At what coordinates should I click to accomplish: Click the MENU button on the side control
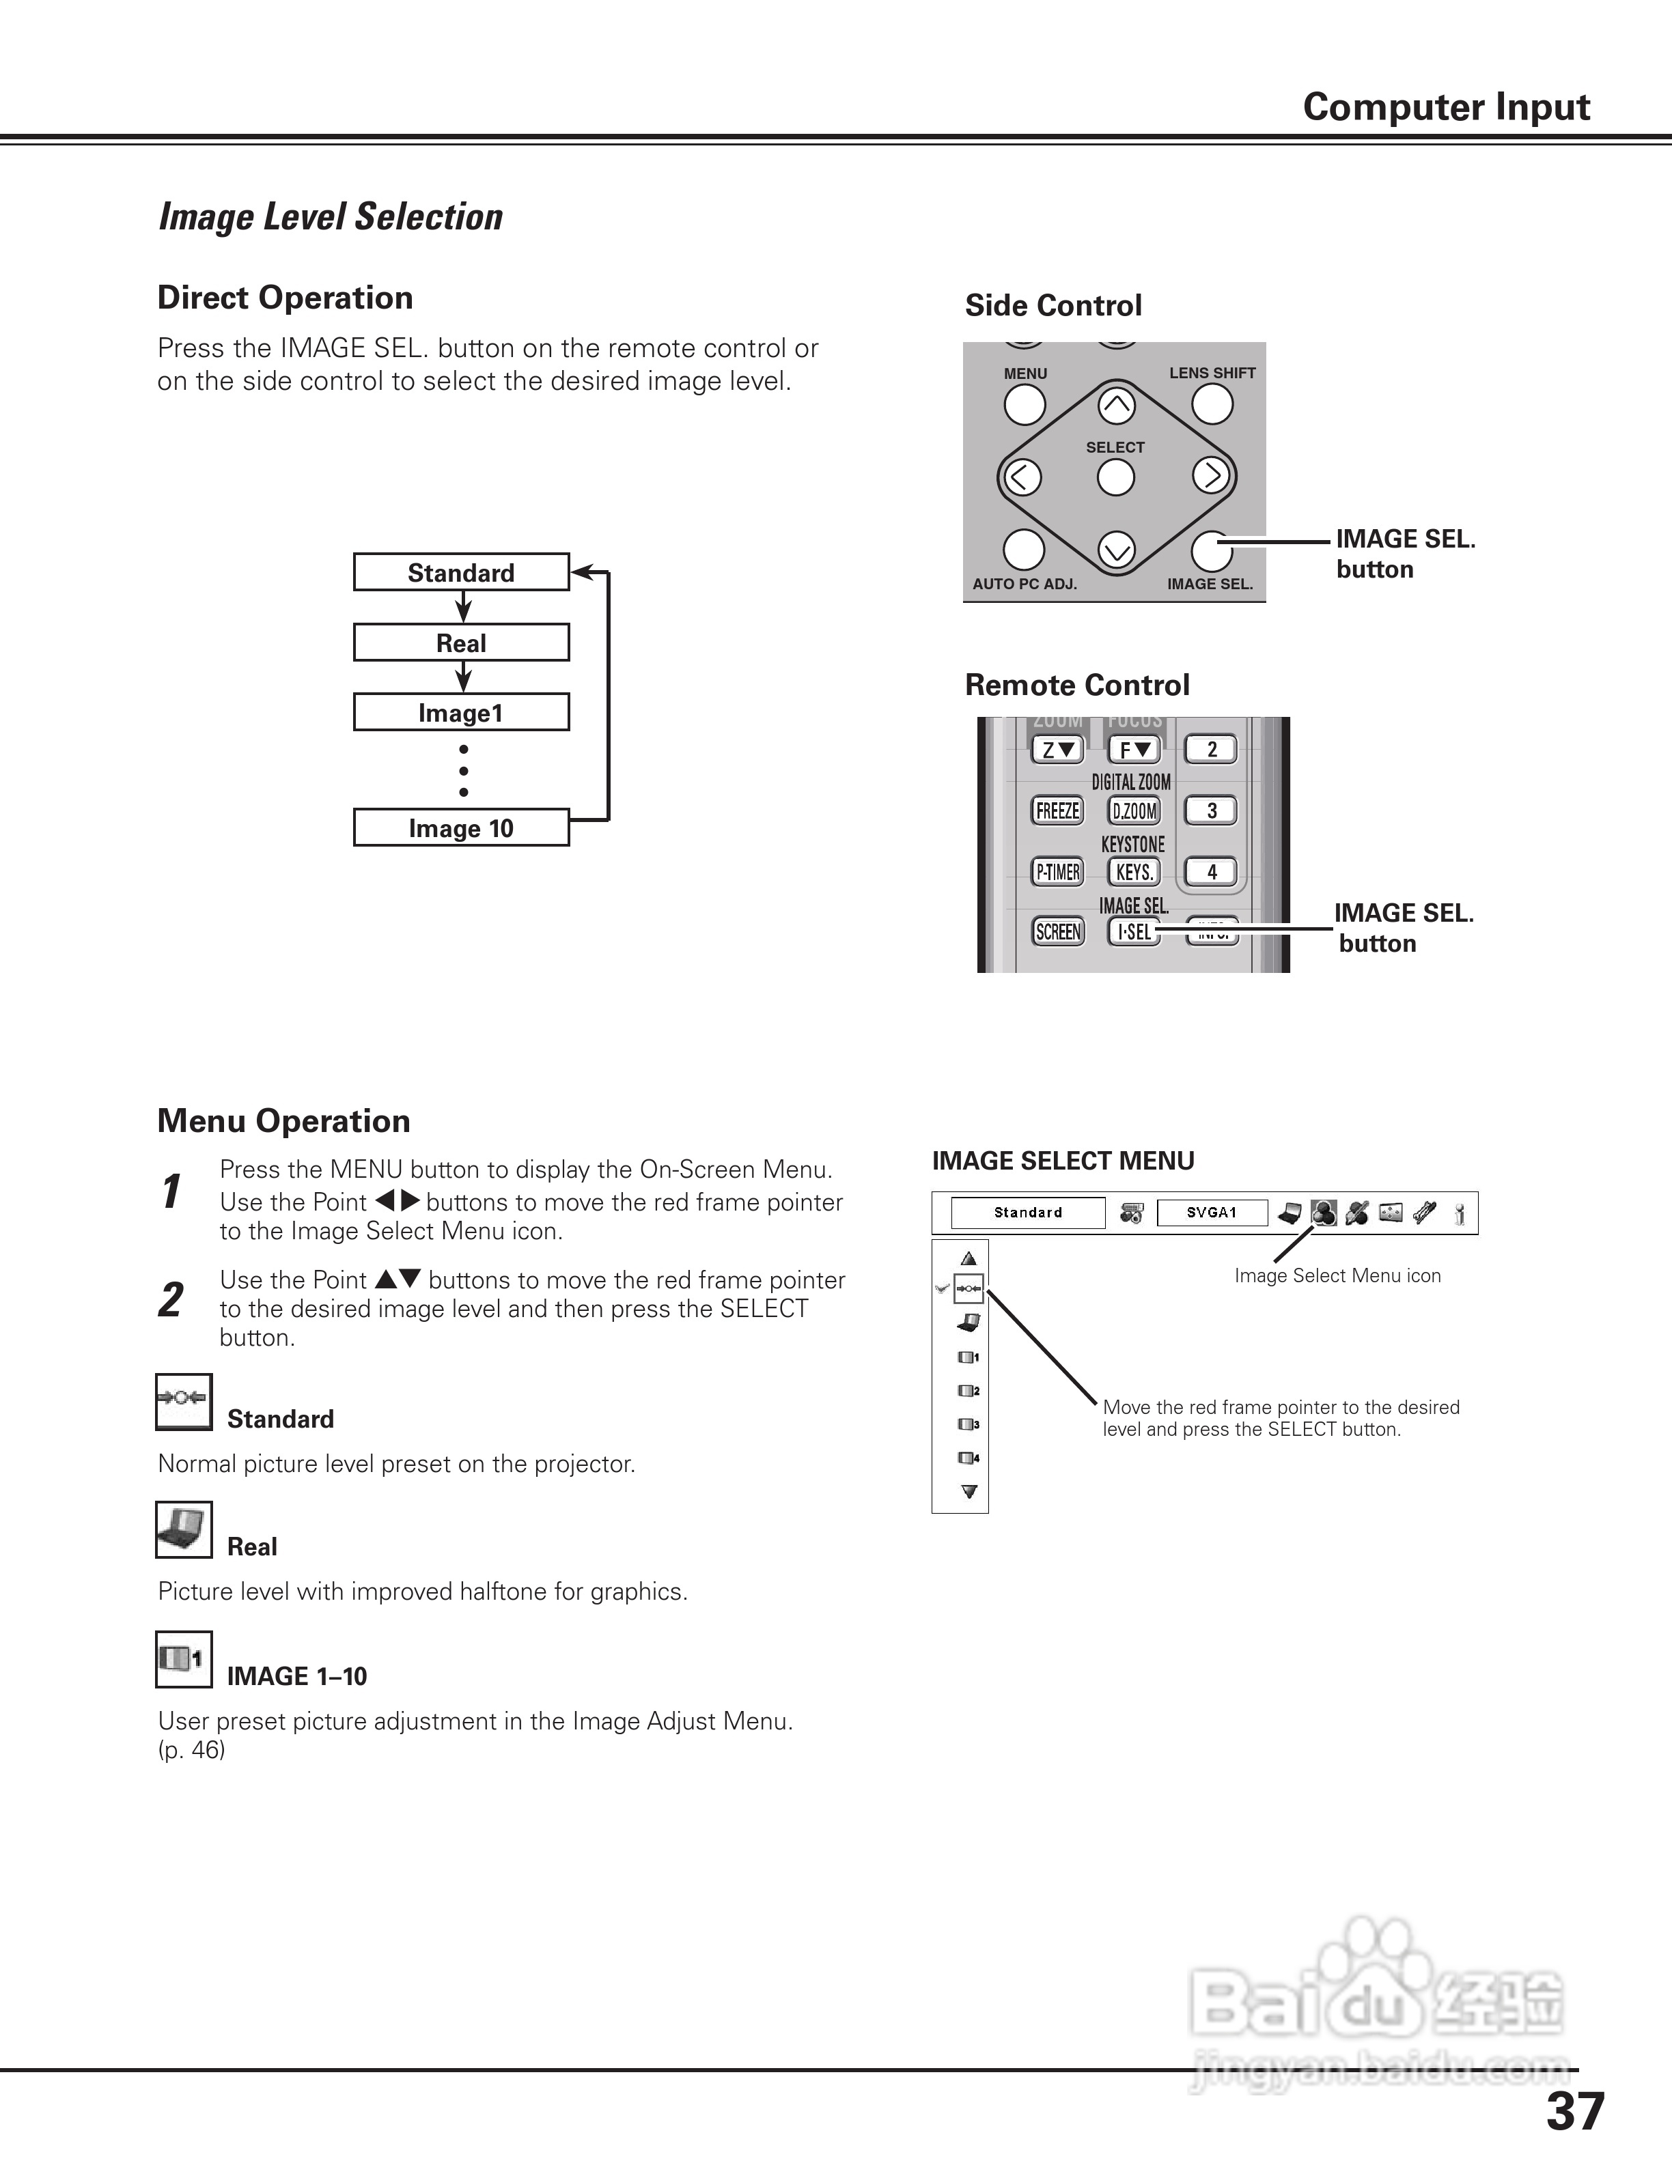1025,404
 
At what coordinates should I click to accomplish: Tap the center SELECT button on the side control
1116,479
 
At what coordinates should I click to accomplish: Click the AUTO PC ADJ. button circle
1025,550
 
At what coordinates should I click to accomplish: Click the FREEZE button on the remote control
1058,811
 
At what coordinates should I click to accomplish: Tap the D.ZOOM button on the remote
1134,811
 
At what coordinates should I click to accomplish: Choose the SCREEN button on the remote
1058,932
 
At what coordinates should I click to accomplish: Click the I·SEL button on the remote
1134,932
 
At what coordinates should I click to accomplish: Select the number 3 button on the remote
1212,811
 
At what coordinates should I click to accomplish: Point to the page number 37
1575,2112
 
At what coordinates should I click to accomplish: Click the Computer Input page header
1445,107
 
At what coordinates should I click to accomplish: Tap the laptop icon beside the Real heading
183,1530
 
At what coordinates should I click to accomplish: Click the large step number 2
171,1299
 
